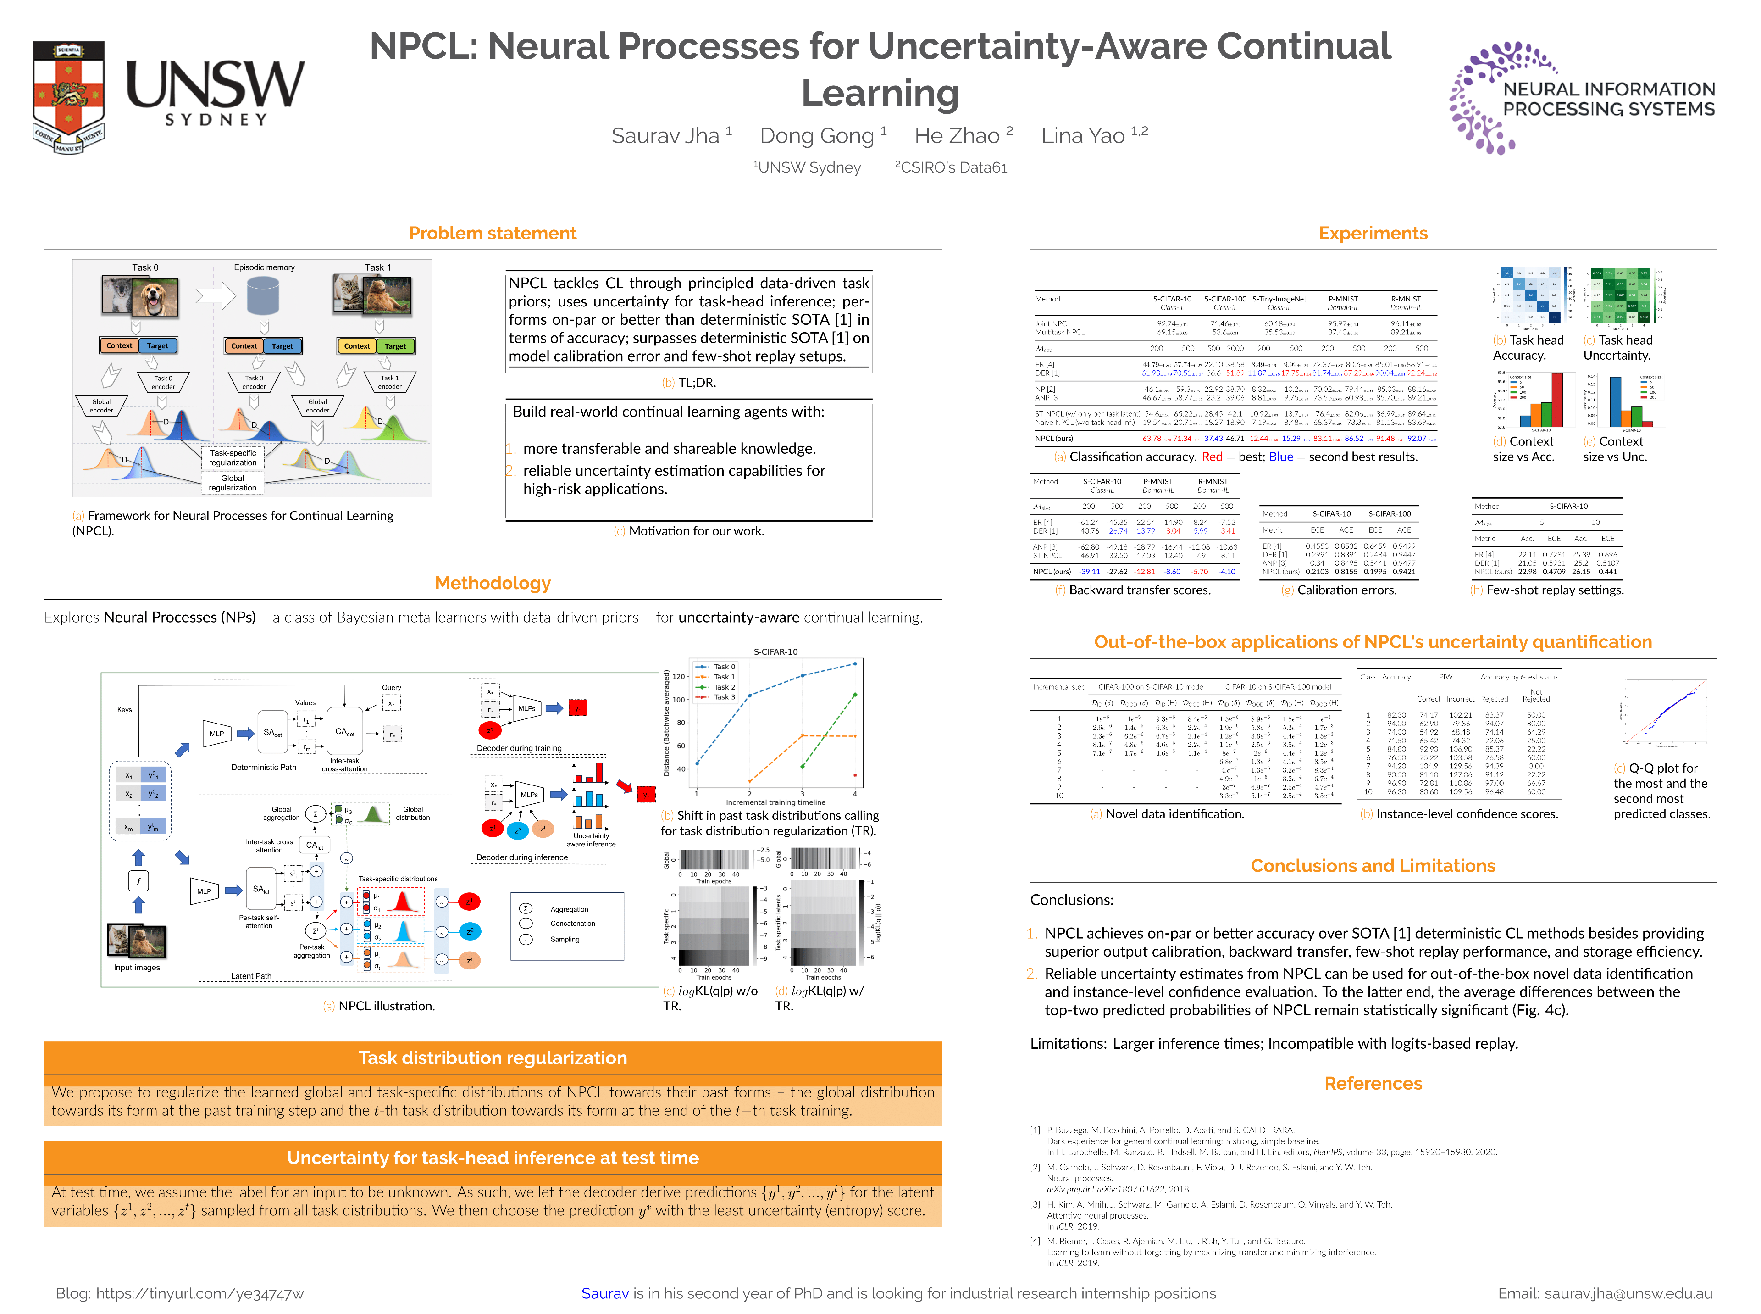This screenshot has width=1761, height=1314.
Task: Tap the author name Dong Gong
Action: [x=816, y=136]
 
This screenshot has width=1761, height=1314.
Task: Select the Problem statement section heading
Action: [x=492, y=233]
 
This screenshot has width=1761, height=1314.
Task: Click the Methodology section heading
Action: [x=492, y=583]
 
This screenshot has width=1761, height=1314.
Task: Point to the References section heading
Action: [x=1372, y=1083]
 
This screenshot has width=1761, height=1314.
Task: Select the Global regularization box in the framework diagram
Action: [x=232, y=483]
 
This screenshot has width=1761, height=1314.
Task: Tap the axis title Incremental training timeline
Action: [x=775, y=802]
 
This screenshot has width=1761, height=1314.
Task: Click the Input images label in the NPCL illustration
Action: [x=137, y=967]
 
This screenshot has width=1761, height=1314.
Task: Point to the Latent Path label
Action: [x=251, y=976]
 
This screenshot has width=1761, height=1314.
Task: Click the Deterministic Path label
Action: [x=263, y=768]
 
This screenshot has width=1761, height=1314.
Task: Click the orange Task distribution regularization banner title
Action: [x=492, y=1058]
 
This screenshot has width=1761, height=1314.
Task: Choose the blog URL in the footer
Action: [x=199, y=1293]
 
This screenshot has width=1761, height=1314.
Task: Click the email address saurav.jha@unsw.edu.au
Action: [x=1628, y=1293]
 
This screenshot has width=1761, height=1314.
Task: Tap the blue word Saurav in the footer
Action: [x=604, y=1293]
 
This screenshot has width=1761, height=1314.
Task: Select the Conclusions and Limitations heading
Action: [x=1372, y=865]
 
